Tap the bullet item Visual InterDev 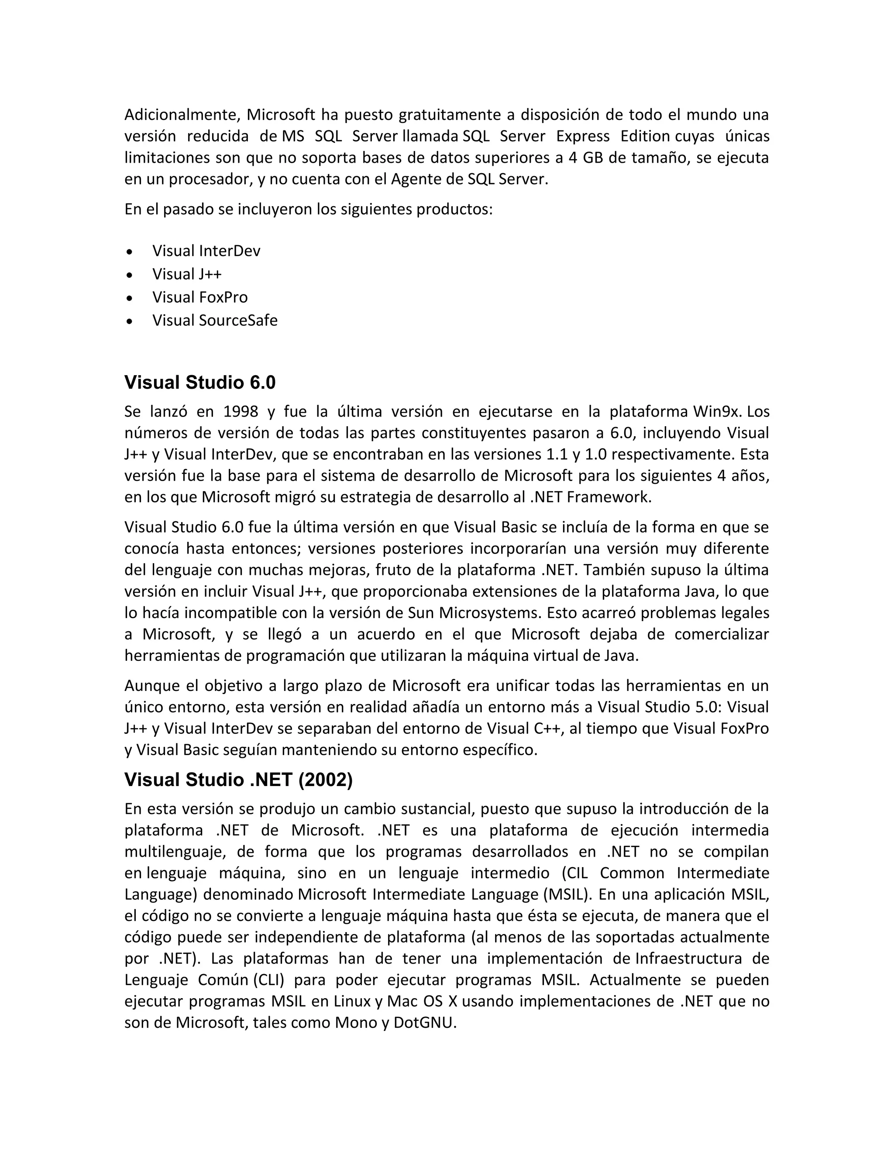pos(206,251)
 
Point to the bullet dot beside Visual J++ pos(130,275)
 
